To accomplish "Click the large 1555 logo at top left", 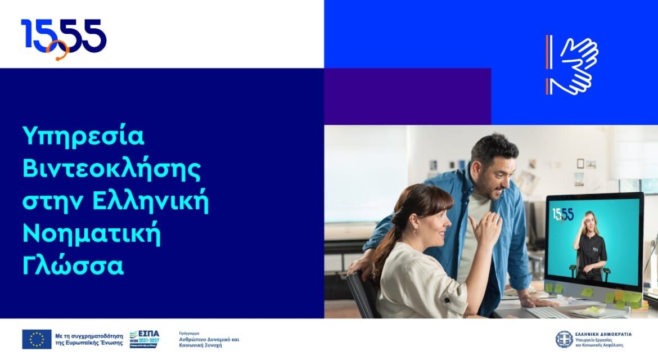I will click(x=63, y=37).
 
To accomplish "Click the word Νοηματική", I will click(x=91, y=235).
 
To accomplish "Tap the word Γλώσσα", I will click(x=73, y=267).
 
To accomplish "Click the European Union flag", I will click(x=37, y=339).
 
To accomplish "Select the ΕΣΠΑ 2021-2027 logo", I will click(x=145, y=339).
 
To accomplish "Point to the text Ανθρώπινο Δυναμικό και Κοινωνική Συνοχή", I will click(x=209, y=342).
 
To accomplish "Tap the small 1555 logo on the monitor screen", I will click(x=562, y=214).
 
